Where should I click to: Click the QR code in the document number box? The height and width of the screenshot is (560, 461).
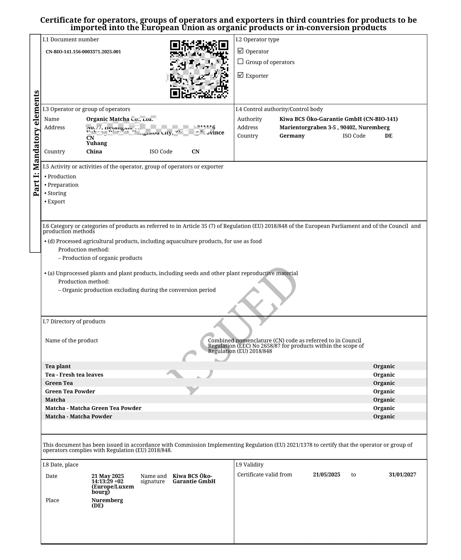coord(199,69)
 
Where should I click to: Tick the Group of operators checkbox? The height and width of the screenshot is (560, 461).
coord(240,62)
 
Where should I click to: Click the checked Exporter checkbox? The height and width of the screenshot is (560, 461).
coord(240,75)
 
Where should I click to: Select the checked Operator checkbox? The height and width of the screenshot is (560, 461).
coord(240,51)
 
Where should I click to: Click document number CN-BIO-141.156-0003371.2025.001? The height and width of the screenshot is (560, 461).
coord(83,52)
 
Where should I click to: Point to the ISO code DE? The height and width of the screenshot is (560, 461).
coord(388,136)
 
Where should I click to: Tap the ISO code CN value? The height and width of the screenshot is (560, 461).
coord(195,152)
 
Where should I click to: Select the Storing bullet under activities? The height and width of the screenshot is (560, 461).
coord(57,193)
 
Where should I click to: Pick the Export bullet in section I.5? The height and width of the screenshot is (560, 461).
coord(56,202)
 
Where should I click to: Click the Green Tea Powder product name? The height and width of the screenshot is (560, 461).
coord(70,391)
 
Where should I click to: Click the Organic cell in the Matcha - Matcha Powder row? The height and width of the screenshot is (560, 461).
coord(384,416)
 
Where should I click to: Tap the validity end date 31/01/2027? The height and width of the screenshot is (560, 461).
coord(402,474)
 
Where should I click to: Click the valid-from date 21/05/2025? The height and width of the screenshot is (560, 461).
coord(326,474)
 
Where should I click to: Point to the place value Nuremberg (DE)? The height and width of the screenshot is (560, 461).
coord(107,503)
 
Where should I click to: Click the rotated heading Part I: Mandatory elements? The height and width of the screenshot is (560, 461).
coord(36,143)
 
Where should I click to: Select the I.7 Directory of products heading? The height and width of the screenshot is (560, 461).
coord(74,321)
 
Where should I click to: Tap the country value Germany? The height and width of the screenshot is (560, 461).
coord(292,136)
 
